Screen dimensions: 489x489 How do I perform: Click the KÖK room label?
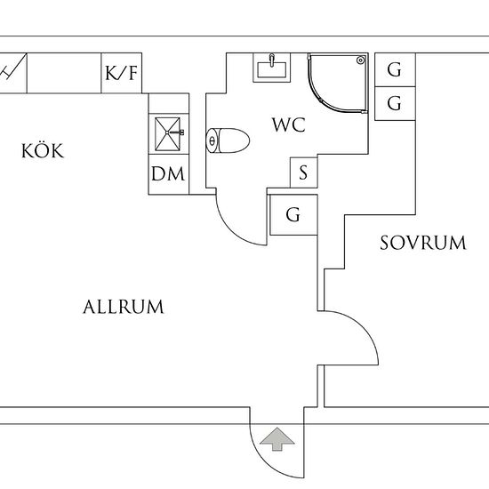click(x=43, y=151)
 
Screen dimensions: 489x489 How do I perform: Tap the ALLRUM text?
click(x=124, y=308)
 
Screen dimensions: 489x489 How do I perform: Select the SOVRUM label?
click(x=422, y=243)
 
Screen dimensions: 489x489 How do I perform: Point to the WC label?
click(x=289, y=125)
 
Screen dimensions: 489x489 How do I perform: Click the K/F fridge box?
click(x=122, y=73)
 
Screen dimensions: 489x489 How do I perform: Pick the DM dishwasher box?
click(x=168, y=174)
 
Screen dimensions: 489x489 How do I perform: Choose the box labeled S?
click(x=303, y=172)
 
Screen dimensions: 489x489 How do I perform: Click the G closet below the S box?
click(x=292, y=215)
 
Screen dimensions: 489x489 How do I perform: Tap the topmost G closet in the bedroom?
click(x=394, y=69)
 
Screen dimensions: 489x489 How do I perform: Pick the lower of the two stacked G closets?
click(x=394, y=102)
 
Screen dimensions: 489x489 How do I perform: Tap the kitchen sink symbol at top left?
click(x=13, y=71)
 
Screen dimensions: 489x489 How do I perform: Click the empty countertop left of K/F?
click(x=62, y=73)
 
